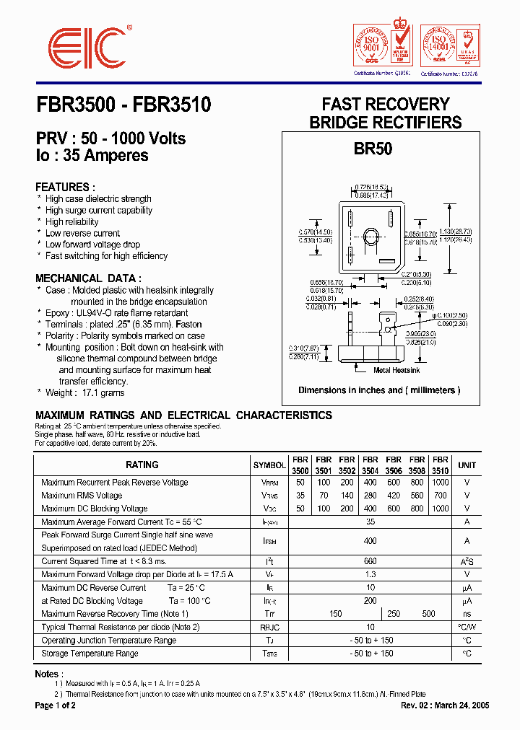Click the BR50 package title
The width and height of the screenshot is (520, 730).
pyautogui.click(x=373, y=149)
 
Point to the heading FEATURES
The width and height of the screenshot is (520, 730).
pyautogui.click(x=65, y=186)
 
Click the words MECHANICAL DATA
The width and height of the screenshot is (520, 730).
pyautogui.click(x=88, y=278)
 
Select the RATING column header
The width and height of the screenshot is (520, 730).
pyautogui.click(x=142, y=465)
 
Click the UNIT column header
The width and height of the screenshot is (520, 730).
pyautogui.click(x=467, y=465)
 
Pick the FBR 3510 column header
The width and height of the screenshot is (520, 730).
pyautogui.click(x=440, y=465)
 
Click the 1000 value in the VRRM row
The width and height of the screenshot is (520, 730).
pyautogui.click(x=440, y=483)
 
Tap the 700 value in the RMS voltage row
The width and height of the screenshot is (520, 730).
pyautogui.click(x=440, y=496)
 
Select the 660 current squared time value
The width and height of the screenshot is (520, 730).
pyautogui.click(x=370, y=561)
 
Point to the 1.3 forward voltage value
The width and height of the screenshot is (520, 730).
pyautogui.click(x=370, y=574)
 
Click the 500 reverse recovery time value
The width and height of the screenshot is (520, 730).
pyautogui.click(x=428, y=614)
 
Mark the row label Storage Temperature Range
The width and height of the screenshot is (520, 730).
pyautogui.click(x=90, y=654)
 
